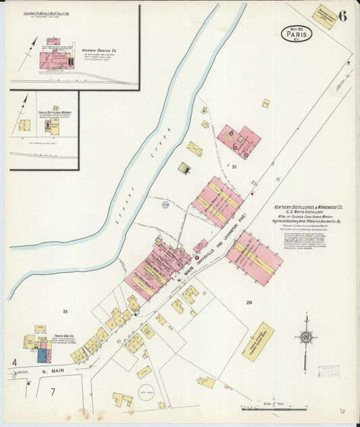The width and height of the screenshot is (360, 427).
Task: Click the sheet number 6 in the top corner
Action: pyautogui.click(x=342, y=17)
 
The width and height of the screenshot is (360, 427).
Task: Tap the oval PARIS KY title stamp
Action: pyautogui.click(x=296, y=33)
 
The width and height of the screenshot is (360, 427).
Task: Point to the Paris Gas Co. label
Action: pyautogui.click(x=64, y=335)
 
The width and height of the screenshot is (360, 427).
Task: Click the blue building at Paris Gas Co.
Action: pyautogui.click(x=43, y=355)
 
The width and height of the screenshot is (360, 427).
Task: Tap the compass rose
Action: pyautogui.click(x=306, y=336)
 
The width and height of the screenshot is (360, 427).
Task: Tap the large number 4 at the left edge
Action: pyautogui.click(x=14, y=363)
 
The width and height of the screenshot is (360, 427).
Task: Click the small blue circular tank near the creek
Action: pyautogui.click(x=165, y=203)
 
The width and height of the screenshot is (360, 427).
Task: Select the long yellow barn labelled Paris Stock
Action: pyautogui.click(x=258, y=341)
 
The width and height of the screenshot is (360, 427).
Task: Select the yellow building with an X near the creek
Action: pyautogui.click(x=195, y=149)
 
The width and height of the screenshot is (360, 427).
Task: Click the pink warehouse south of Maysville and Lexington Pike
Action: pyautogui.click(x=254, y=258)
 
